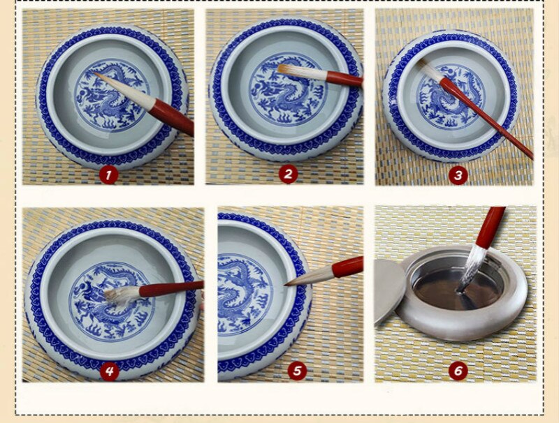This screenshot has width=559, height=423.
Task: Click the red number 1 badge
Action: tap(108, 175)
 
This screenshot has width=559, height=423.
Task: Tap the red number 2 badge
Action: tap(288, 175)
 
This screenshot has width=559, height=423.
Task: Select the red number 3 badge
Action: tap(458, 175)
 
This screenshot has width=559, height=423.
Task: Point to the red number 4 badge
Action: tap(109, 372)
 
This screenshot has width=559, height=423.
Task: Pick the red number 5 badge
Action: tap(297, 371)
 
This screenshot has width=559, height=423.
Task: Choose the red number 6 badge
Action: tap(458, 371)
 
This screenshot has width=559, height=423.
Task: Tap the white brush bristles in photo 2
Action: tap(302, 73)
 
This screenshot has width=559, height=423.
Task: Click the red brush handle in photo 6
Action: tap(492, 228)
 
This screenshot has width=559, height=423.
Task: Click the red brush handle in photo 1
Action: tap(172, 117)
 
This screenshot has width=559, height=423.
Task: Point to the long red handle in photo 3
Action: tap(486, 118)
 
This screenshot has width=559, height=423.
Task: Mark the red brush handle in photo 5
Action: tap(347, 267)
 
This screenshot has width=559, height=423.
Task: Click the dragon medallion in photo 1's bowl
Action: tap(112, 96)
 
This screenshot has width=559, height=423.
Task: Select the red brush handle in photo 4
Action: tap(171, 289)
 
